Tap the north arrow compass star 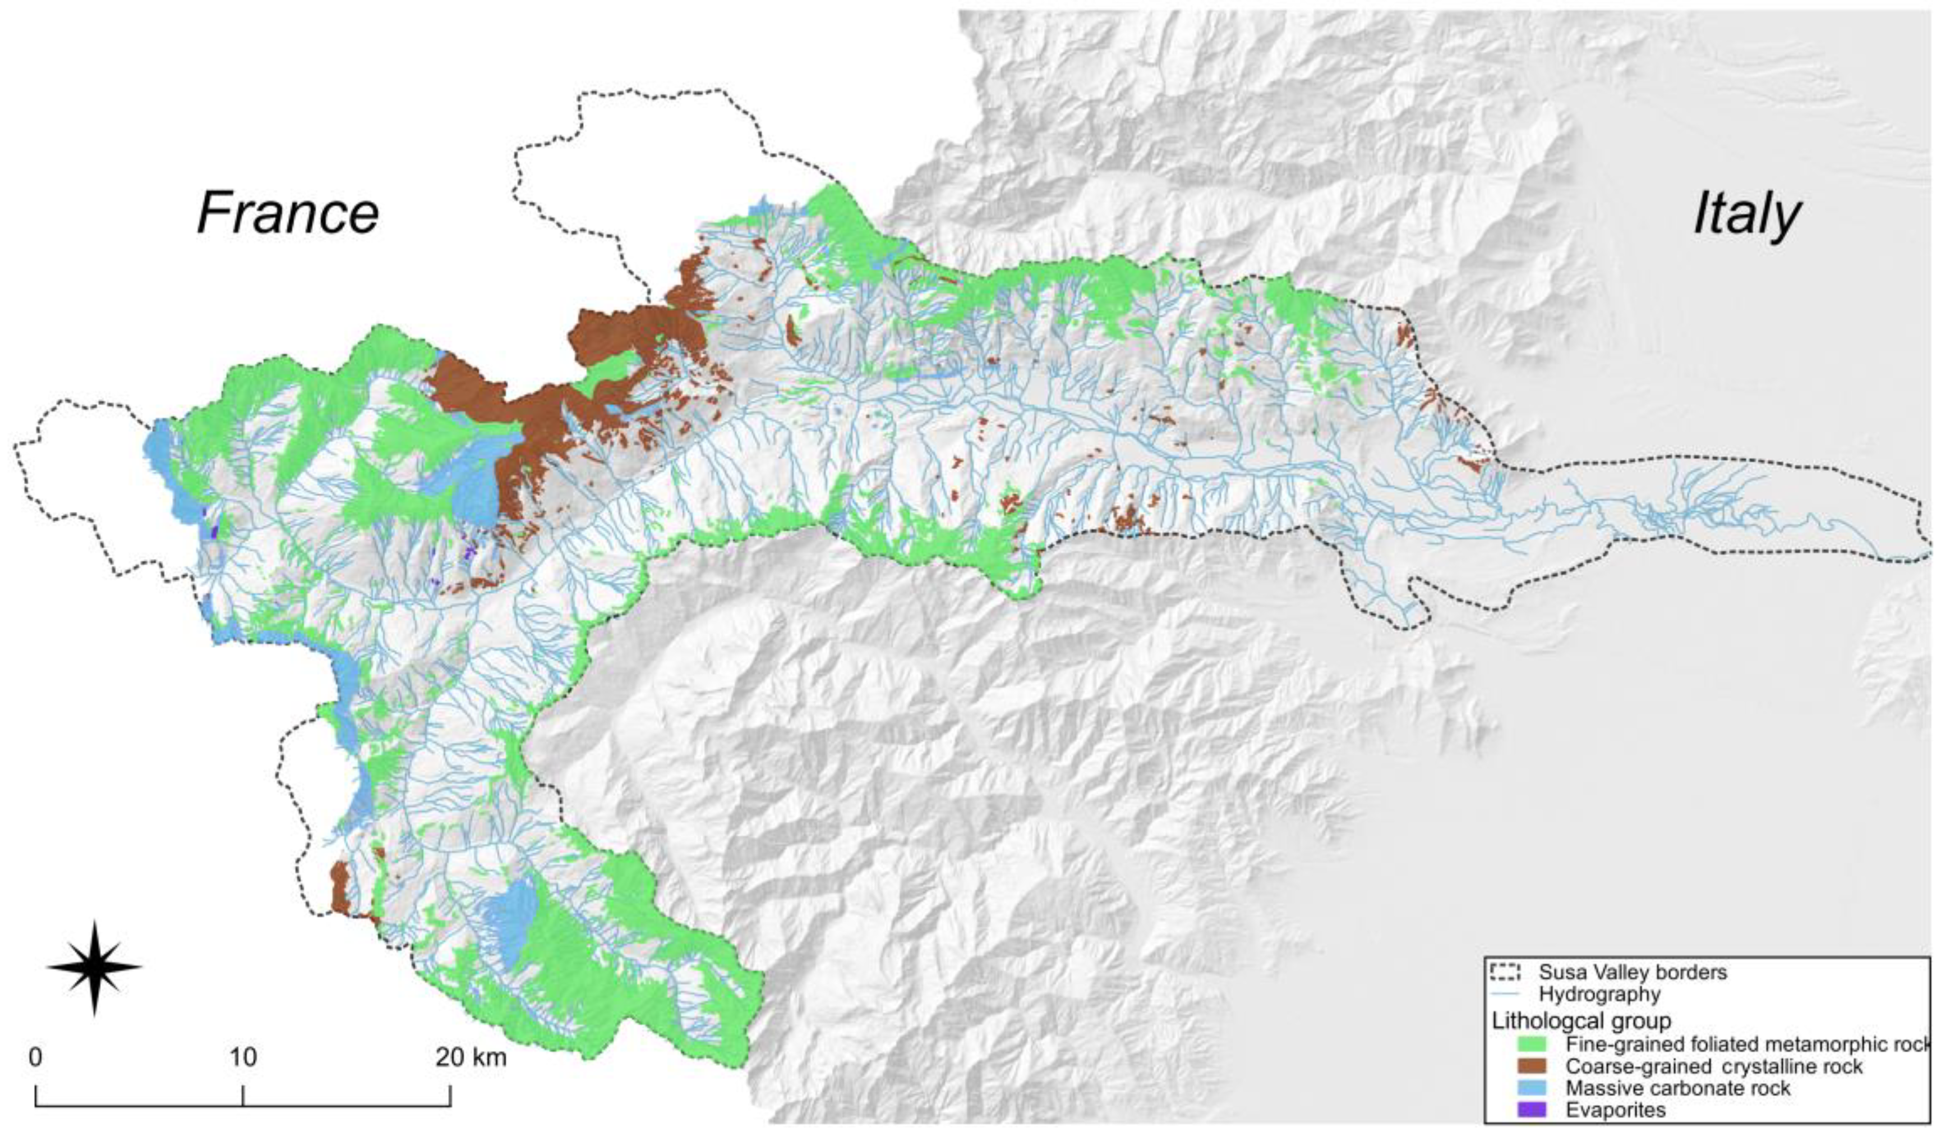click(94, 966)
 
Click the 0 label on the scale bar click(35, 1057)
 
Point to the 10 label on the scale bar click(243, 1057)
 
